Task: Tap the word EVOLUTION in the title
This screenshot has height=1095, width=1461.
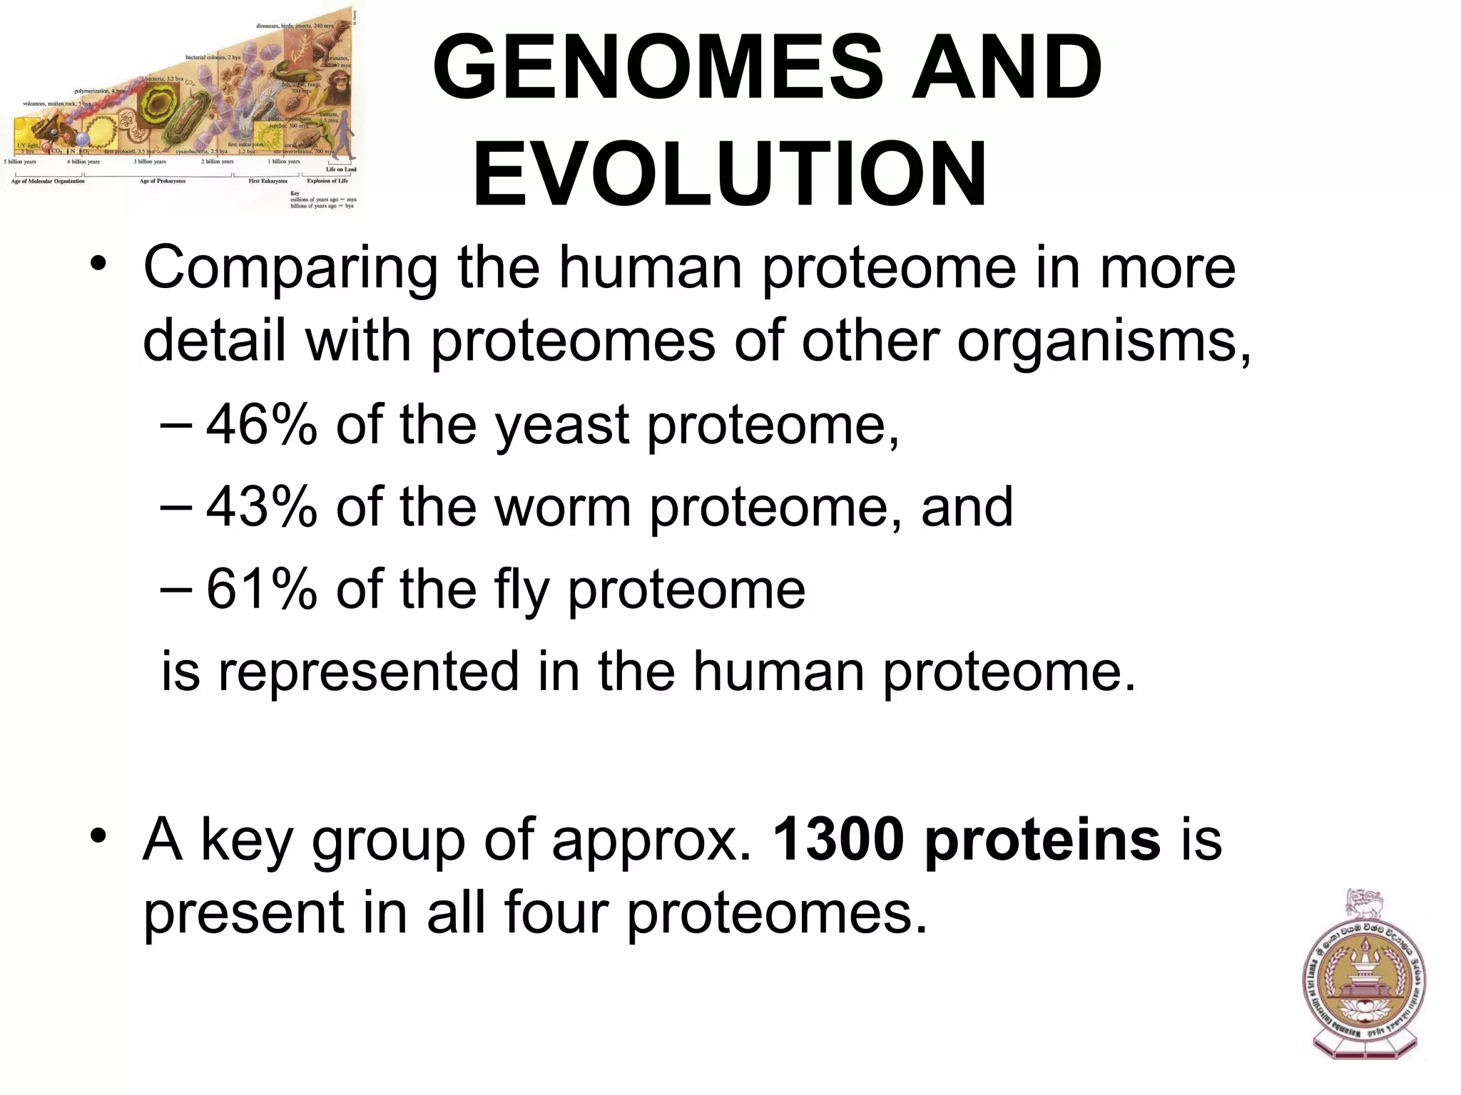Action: click(x=730, y=175)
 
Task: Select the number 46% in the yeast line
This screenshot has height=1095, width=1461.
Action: click(x=261, y=424)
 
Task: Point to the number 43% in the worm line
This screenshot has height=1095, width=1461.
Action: click(x=261, y=507)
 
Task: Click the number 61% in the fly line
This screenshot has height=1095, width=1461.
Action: click(x=261, y=589)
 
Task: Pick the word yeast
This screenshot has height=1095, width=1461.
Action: click(x=562, y=426)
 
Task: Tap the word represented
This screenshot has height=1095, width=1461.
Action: click(x=368, y=672)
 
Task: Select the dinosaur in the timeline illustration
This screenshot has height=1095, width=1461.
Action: click(x=343, y=29)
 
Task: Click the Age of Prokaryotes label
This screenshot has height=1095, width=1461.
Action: click(x=163, y=181)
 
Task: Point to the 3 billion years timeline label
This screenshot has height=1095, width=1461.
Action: click(x=150, y=162)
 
